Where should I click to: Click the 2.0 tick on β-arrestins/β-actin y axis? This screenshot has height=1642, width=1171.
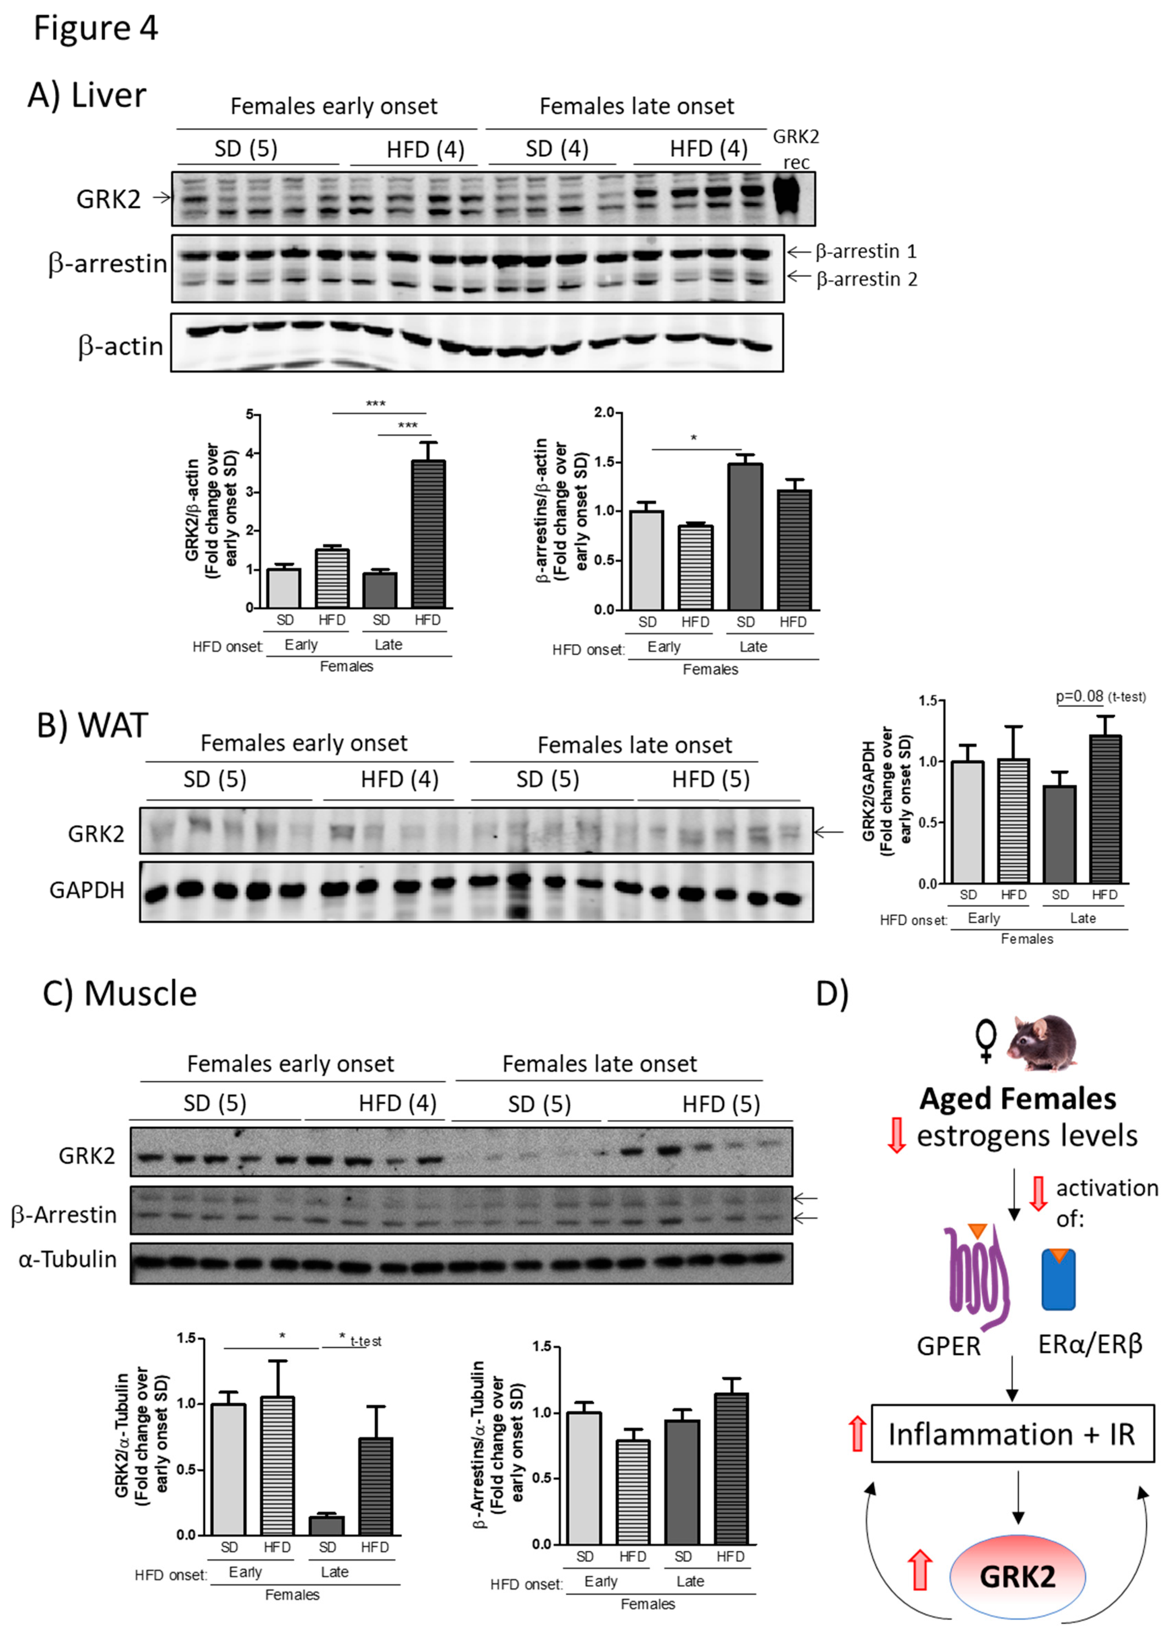(x=604, y=412)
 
